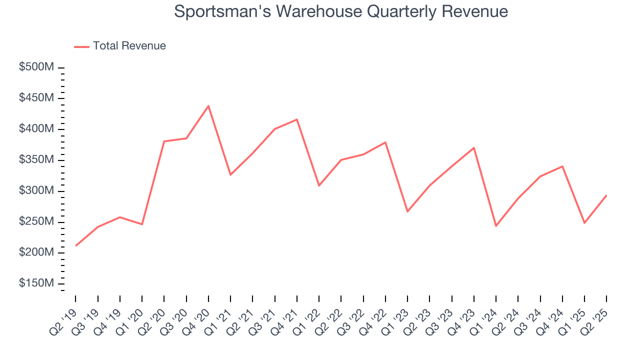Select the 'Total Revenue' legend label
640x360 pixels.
(129, 46)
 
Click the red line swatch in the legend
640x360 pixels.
(81, 46)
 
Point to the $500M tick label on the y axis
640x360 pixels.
(36, 67)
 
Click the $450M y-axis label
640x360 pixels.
(36, 98)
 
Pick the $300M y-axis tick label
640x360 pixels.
(36, 191)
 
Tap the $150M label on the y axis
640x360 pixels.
(36, 283)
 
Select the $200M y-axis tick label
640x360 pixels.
(36, 252)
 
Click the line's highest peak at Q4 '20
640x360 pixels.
(208, 106)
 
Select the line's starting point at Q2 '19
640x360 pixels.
(75, 245)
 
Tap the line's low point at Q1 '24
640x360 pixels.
(496, 226)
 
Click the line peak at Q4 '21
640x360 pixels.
(297, 119)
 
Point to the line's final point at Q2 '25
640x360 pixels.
(606, 195)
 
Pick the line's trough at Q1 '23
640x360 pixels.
(407, 211)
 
